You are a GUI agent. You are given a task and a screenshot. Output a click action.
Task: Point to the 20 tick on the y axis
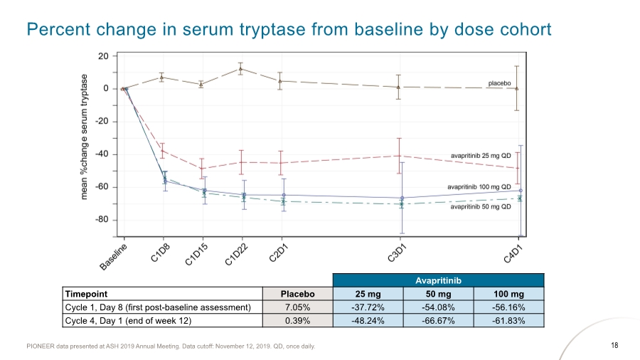(x=103, y=56)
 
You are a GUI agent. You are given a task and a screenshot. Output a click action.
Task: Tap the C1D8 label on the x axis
(x=160, y=252)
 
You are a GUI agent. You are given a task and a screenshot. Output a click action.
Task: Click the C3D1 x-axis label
(x=396, y=253)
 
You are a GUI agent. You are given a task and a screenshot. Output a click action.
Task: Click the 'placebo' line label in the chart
(x=500, y=83)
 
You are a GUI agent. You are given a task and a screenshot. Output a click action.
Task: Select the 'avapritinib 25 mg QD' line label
(x=481, y=154)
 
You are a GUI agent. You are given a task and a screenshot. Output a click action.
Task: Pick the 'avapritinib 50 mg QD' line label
(x=481, y=207)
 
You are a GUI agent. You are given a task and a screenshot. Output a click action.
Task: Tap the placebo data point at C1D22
(x=242, y=69)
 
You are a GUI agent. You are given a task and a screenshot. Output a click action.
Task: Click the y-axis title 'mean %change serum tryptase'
(x=85, y=136)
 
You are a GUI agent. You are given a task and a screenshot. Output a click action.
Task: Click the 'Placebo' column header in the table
(x=298, y=294)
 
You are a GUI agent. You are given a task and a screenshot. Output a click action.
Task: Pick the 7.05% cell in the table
(x=298, y=307)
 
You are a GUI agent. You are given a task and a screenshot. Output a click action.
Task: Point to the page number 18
(x=615, y=346)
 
